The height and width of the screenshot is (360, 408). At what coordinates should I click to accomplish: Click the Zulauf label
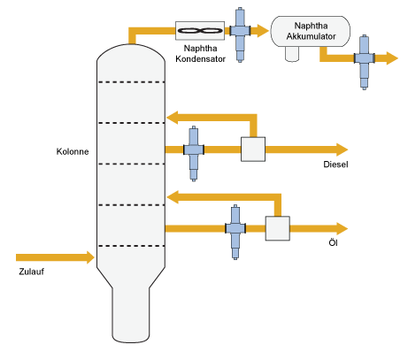(x=32, y=272)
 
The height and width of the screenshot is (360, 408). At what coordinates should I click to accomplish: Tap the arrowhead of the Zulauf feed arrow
(x=90, y=257)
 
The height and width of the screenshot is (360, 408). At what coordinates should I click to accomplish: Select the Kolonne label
(x=73, y=151)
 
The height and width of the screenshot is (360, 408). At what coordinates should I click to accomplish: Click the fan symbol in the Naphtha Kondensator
(x=200, y=31)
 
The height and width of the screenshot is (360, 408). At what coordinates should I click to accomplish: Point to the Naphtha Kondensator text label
(x=200, y=53)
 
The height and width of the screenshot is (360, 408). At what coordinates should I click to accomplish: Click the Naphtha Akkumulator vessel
(x=311, y=31)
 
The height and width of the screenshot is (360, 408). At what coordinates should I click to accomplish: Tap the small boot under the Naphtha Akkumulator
(x=292, y=54)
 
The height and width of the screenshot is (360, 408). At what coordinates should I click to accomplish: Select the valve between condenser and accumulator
(x=240, y=34)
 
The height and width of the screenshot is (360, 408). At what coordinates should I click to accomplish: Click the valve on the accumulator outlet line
(x=365, y=62)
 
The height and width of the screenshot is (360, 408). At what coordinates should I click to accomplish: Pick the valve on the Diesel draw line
(x=194, y=153)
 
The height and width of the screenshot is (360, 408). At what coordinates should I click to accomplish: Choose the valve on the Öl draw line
(x=235, y=232)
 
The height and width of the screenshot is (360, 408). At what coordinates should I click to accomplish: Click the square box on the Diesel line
(x=253, y=149)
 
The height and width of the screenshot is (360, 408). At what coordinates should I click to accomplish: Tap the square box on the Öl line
(x=278, y=228)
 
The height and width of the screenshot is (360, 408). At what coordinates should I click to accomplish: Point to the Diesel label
(x=335, y=165)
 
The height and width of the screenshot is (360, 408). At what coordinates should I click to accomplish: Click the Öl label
(x=333, y=242)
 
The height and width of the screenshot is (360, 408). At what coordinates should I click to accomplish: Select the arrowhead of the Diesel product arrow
(x=343, y=149)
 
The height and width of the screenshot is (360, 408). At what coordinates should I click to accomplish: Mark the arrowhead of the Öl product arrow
(x=343, y=228)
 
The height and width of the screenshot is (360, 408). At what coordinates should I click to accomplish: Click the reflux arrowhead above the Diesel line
(x=173, y=118)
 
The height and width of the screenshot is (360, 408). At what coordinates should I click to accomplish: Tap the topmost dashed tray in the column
(x=131, y=82)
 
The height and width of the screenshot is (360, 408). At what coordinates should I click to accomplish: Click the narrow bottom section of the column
(x=131, y=315)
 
